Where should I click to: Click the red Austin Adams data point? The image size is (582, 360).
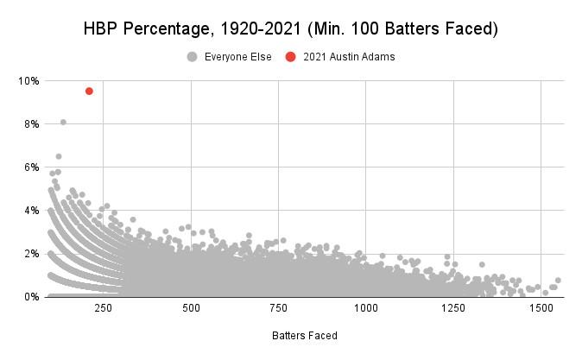[x=89, y=91]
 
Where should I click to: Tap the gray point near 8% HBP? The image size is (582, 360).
[x=63, y=122]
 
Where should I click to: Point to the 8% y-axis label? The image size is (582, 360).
[x=31, y=124]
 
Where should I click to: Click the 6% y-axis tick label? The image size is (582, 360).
[x=31, y=167]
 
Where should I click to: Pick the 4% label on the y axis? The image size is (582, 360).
[x=31, y=211]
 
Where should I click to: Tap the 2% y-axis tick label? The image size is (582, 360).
[x=31, y=254]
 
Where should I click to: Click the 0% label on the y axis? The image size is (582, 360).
[x=31, y=297]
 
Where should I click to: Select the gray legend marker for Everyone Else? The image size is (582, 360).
[x=192, y=57]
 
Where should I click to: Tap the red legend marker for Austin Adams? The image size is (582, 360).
[x=290, y=57]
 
